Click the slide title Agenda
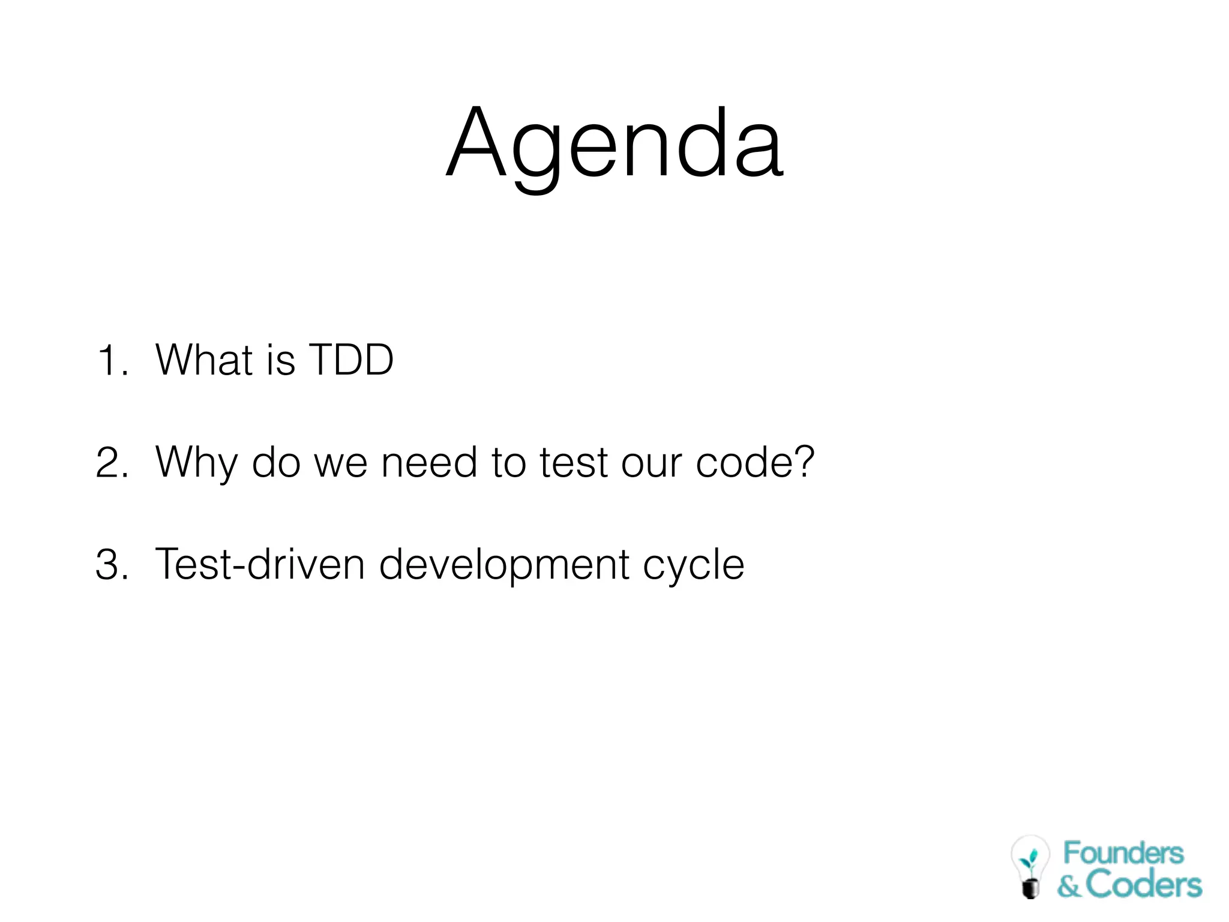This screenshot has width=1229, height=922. click(614, 144)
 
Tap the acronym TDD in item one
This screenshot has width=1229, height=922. click(350, 360)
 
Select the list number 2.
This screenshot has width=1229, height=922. click(112, 463)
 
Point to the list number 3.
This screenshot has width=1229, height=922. click(112, 565)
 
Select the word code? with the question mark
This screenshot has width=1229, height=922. click(755, 463)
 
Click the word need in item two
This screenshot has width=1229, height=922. click(429, 463)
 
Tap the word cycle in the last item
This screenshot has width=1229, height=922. click(693, 565)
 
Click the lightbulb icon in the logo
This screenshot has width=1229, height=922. click(1030, 866)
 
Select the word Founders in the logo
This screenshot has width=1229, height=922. click(1123, 853)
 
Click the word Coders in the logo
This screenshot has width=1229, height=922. click(1143, 885)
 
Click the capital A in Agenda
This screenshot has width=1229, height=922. click(476, 144)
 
